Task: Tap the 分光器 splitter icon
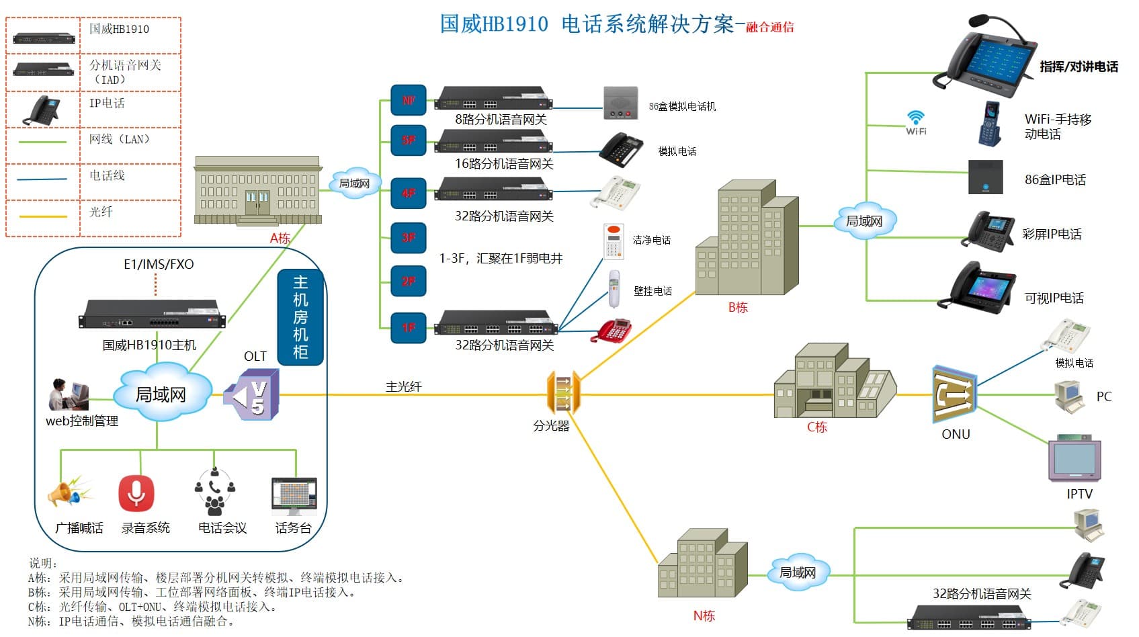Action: pos(562,393)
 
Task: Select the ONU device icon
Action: pos(954,395)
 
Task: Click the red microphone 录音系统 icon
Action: pos(136,494)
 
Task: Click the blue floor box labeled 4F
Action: pos(409,193)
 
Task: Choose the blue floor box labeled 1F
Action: pos(409,327)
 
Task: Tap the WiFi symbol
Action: pos(915,122)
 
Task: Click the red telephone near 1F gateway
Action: pos(612,331)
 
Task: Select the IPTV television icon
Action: pos(1074,460)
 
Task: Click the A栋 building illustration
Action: pos(257,191)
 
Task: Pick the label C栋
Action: pos(817,427)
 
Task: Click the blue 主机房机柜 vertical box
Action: pos(300,316)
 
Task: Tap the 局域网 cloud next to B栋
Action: pos(864,220)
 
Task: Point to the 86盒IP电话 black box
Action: pos(985,177)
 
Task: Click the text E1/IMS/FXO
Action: pos(159,264)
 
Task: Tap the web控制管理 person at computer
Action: pos(68,394)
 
